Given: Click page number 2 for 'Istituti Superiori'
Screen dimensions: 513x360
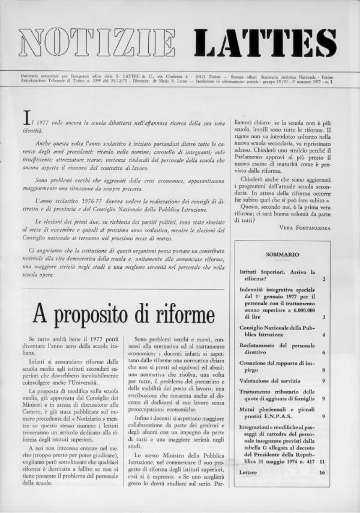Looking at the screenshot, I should click(x=323, y=280).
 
